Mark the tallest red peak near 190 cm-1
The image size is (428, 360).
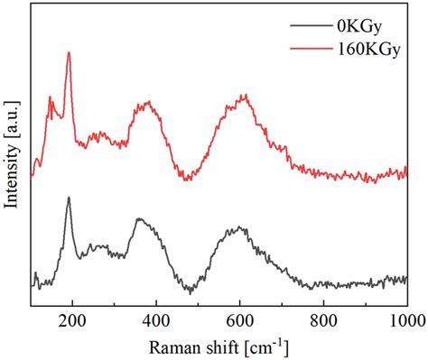(69, 53)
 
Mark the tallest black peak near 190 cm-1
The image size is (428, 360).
(69, 198)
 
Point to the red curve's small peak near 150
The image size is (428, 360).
(51, 97)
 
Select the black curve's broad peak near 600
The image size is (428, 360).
(238, 228)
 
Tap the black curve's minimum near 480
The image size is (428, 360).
(191, 292)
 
